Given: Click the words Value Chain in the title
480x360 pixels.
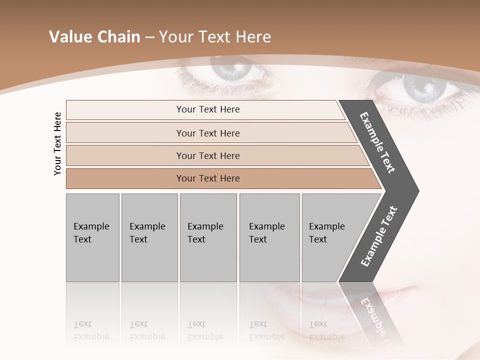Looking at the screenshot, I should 94,37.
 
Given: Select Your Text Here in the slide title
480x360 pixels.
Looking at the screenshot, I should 215,37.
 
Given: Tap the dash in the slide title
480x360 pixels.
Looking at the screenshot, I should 149,37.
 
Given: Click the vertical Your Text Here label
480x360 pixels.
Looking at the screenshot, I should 57,144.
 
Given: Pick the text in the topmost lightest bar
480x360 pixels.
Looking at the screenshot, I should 208,109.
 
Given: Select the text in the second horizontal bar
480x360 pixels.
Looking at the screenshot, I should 208,133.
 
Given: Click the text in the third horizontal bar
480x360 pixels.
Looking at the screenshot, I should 208,156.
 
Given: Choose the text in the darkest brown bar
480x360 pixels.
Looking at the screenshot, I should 208,178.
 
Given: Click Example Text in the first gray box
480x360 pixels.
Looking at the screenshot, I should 91,233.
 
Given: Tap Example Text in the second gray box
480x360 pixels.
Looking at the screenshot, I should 147,233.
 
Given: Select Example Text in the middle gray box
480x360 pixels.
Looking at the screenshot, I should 205,233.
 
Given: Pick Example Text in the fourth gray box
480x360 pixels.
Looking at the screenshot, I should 266,233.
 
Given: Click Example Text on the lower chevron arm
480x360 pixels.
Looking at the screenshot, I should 379,236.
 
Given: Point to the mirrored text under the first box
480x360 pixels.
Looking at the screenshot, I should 91,330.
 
